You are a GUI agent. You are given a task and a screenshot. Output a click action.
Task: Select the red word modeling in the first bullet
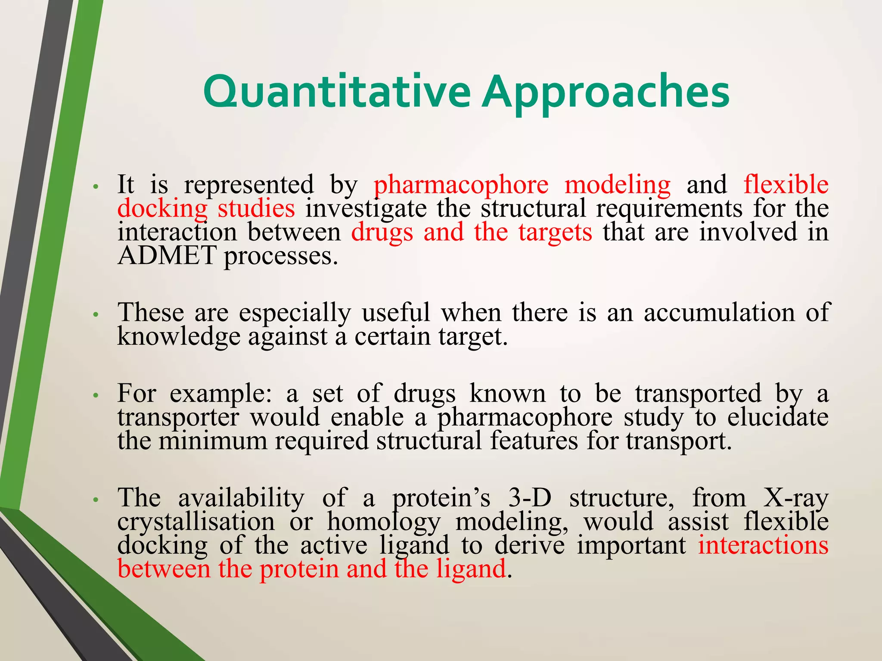coord(617,185)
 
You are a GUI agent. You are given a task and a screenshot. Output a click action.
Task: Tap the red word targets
coord(555,232)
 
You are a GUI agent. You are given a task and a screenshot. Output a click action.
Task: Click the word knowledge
coord(178,337)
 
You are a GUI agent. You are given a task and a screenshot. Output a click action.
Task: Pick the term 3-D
coord(530,498)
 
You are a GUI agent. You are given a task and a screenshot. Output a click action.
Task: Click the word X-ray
coord(796,499)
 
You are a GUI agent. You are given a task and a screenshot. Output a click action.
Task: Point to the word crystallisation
coord(196,522)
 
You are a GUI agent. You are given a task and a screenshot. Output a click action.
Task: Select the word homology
coord(383,522)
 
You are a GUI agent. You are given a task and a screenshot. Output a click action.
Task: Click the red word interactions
coord(763,545)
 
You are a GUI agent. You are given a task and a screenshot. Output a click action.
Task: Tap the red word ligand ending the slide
coord(471,569)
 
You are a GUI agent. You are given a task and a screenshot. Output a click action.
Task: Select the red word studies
coord(256,209)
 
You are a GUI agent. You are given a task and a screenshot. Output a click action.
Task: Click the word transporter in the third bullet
coord(178,417)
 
